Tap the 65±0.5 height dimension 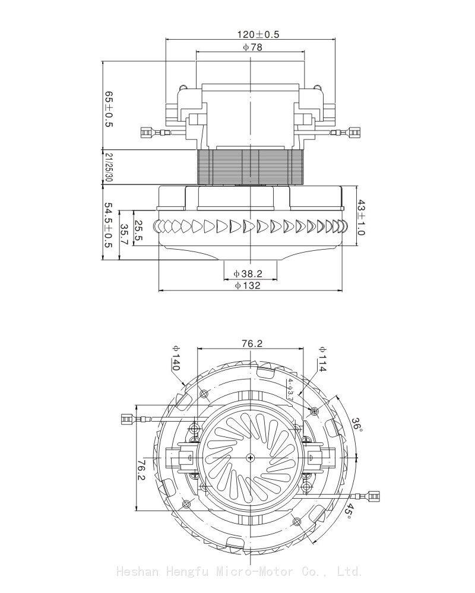click(x=108, y=109)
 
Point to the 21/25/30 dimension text click(x=109, y=167)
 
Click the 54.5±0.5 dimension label click(x=108, y=225)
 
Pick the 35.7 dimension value click(x=124, y=235)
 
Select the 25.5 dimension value click(x=138, y=231)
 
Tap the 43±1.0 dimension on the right click(x=361, y=217)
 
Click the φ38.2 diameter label click(x=248, y=273)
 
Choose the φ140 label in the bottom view click(x=176, y=359)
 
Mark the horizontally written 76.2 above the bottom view click(x=252, y=343)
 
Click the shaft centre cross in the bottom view click(x=252, y=457)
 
